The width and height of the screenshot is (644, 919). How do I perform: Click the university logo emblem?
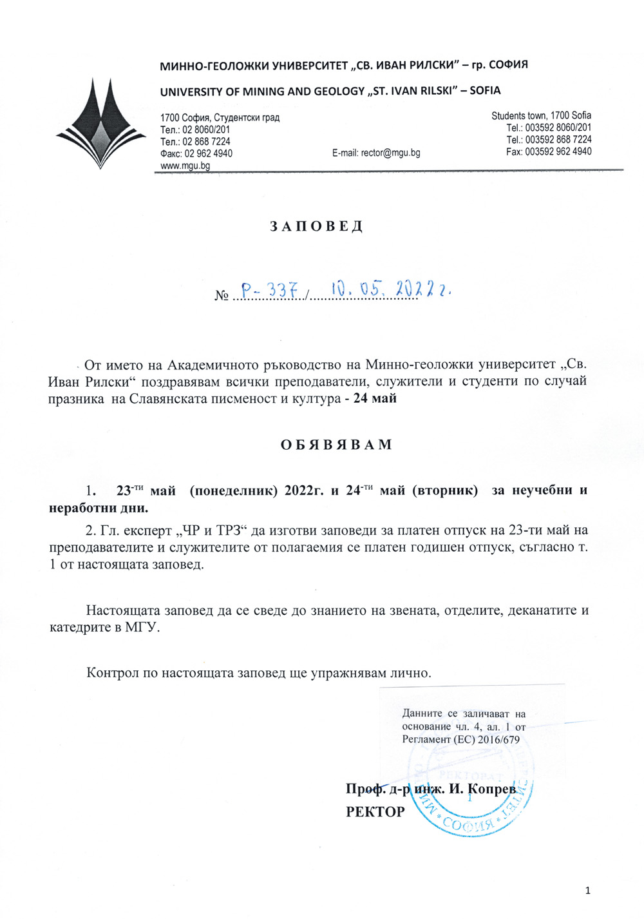[x=101, y=123]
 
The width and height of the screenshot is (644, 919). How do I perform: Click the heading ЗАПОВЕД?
[x=316, y=227]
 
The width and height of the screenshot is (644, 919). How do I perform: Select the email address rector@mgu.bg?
[x=376, y=153]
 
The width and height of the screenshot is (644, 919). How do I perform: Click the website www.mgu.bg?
[x=185, y=166]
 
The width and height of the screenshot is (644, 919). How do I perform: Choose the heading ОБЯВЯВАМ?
[x=336, y=445]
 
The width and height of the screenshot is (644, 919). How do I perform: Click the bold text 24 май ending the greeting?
[x=375, y=398]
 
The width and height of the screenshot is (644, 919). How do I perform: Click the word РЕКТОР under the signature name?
[x=375, y=812]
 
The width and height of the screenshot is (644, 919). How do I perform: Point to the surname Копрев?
[x=492, y=789]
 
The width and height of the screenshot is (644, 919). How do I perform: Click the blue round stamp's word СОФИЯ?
[x=472, y=824]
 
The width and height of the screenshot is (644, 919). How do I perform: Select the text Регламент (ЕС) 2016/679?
[x=460, y=739]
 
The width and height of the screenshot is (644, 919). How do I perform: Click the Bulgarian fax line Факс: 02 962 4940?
[x=196, y=153]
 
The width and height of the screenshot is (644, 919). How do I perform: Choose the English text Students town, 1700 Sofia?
[x=541, y=116]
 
